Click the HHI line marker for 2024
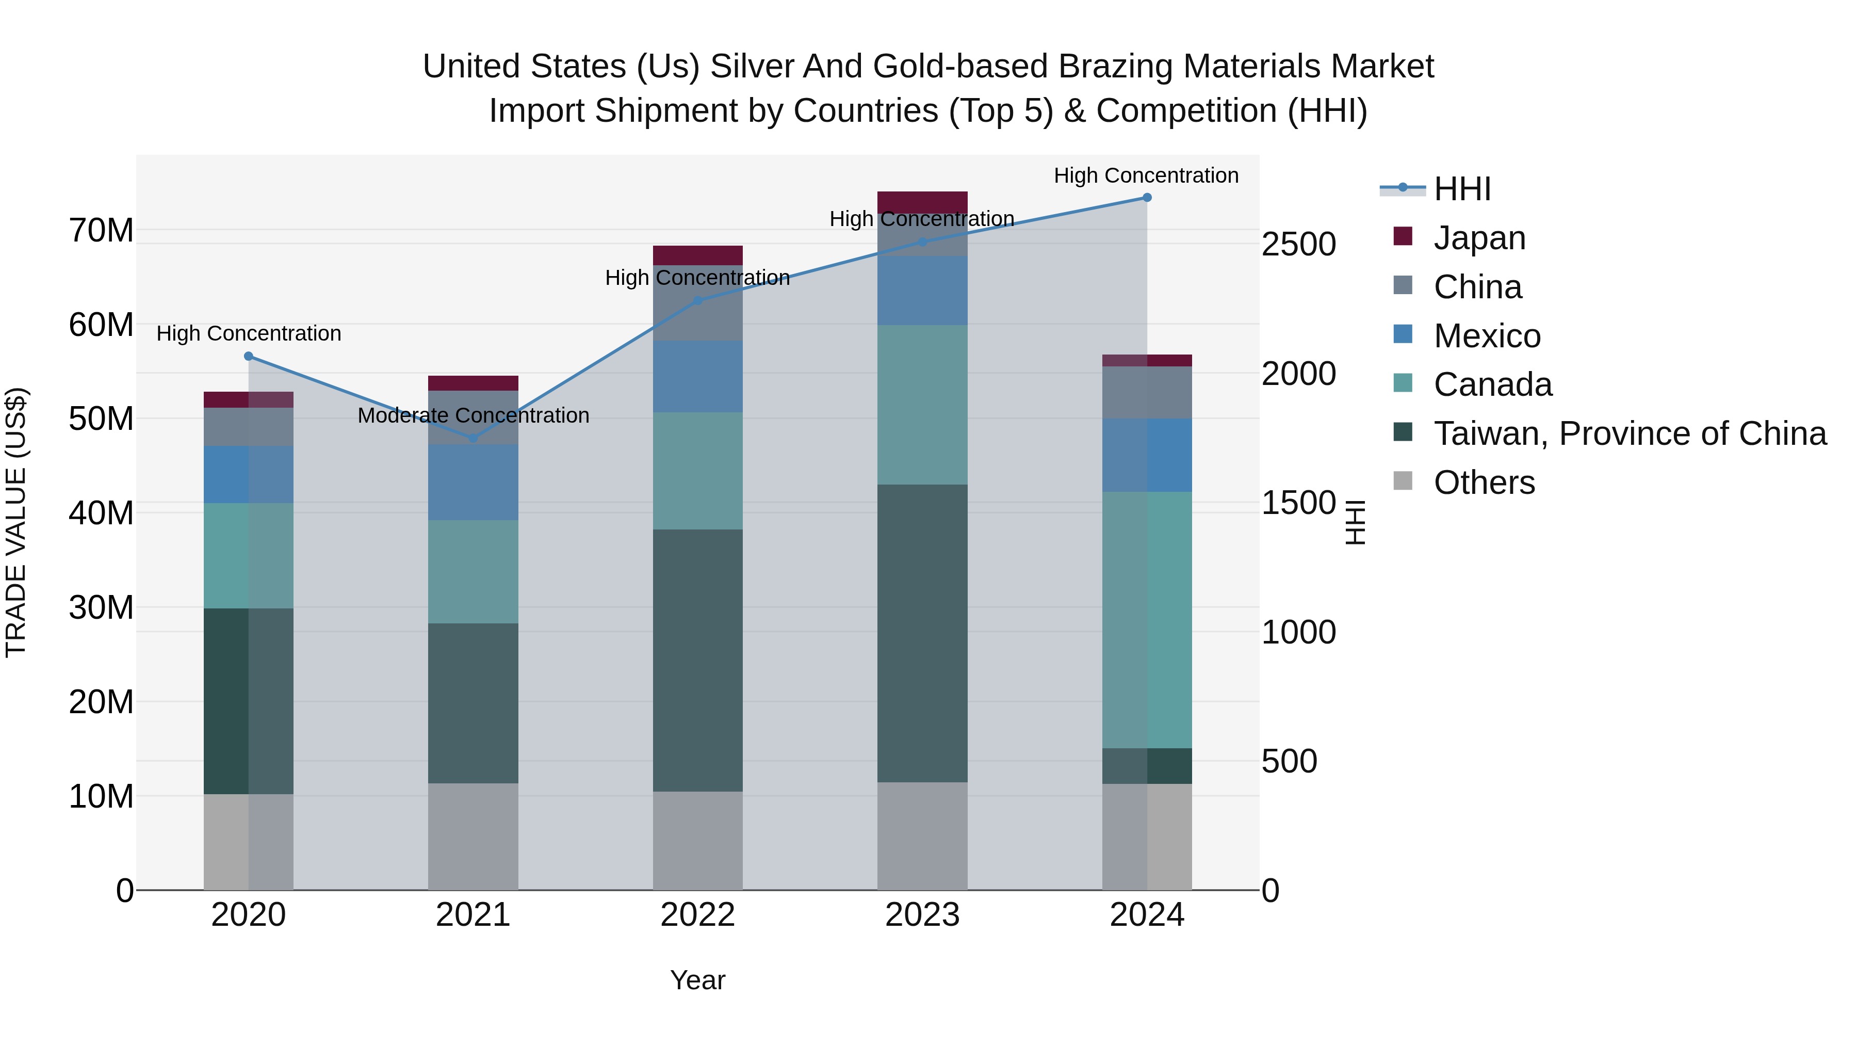click(x=1146, y=198)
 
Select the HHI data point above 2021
click(x=473, y=438)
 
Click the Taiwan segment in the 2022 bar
click(x=697, y=660)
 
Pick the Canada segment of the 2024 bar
click(x=1146, y=620)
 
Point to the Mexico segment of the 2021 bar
click(x=473, y=482)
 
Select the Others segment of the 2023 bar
click(x=922, y=836)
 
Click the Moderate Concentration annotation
click(x=473, y=416)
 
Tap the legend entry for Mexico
click(x=1487, y=336)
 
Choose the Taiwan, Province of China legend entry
click(x=1629, y=433)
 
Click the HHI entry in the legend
click(x=1462, y=189)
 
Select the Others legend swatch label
click(x=1484, y=483)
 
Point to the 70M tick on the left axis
click(x=101, y=231)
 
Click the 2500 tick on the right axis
click(x=1298, y=245)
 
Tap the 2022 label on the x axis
click(x=697, y=915)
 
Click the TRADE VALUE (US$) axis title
click(x=16, y=522)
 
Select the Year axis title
click(x=697, y=980)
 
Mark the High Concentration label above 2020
click(x=249, y=334)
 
